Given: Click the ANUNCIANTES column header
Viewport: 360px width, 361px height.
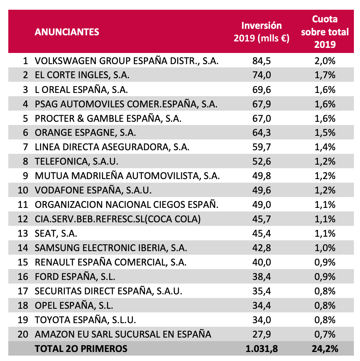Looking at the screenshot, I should tap(67, 32).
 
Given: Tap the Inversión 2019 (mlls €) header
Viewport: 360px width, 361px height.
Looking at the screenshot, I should tap(261, 32).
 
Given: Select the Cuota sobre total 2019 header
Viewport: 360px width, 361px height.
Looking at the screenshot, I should tap(325, 32).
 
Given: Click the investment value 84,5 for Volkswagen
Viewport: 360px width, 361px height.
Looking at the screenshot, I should tap(261, 61).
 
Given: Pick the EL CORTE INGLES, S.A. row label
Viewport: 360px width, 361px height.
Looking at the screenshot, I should tap(82, 75).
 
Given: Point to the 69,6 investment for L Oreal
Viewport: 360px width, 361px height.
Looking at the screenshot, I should tap(261, 90).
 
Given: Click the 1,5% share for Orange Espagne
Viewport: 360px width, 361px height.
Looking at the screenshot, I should tap(325, 133).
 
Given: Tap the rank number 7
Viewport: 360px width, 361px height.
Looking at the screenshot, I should tap(25, 147).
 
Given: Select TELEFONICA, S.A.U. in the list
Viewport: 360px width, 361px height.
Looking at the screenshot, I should tap(76, 162).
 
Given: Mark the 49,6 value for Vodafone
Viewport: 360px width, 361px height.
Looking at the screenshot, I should tap(261, 190).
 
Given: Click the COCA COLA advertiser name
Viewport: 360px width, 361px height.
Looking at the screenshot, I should tap(118, 219).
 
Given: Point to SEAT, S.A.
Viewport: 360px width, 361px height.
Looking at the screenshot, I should tap(56, 233).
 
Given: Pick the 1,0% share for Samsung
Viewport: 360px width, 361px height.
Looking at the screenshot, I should tap(325, 248).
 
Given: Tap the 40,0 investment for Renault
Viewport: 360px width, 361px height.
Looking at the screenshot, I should tap(261, 262).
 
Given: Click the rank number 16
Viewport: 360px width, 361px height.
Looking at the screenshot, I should tap(23, 277).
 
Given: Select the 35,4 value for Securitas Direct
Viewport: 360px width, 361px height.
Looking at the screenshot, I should tap(261, 291).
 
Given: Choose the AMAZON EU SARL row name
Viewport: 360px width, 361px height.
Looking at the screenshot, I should tap(123, 334).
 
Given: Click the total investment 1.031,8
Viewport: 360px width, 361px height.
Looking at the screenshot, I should tap(261, 348).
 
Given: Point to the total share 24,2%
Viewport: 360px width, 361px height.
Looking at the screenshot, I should tap(325, 348).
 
